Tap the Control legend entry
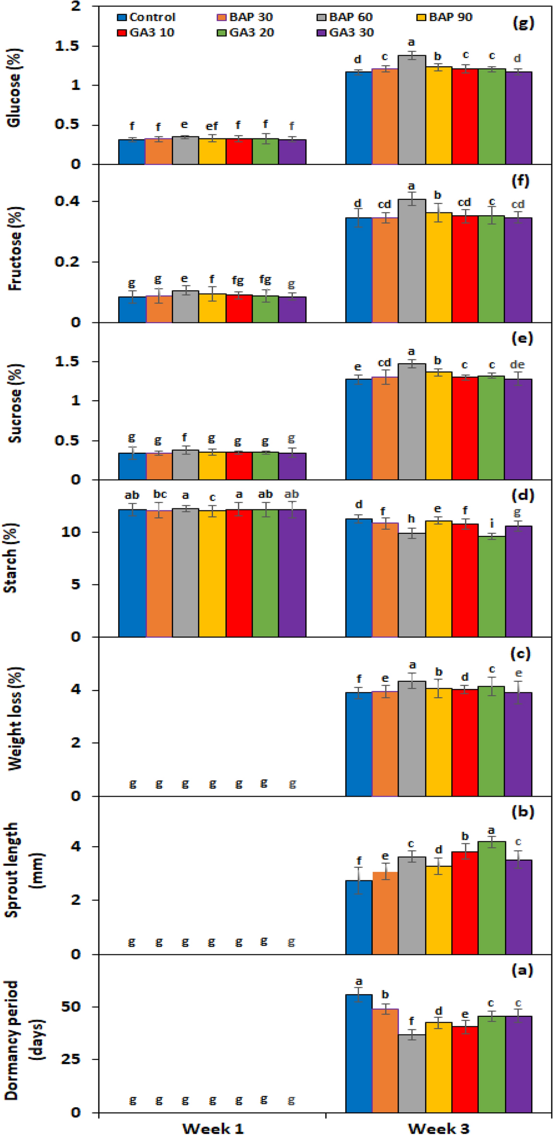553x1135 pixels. [146, 17]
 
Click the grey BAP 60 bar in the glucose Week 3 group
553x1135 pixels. [411, 110]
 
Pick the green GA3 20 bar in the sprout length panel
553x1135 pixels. [492, 898]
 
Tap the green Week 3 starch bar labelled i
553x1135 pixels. [492, 586]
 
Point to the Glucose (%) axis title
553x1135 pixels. [14, 87]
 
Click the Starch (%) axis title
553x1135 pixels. [12, 557]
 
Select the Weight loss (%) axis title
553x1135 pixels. [14, 718]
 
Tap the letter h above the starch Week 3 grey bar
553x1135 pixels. [411, 519]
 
